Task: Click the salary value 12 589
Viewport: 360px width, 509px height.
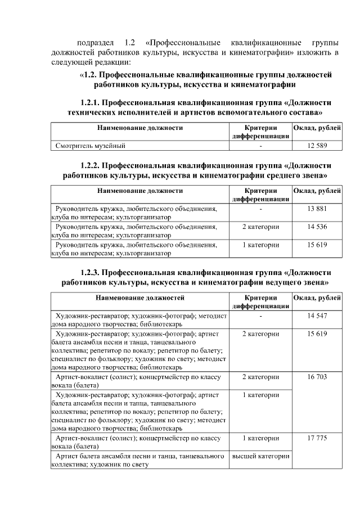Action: pyautogui.click(x=317, y=146)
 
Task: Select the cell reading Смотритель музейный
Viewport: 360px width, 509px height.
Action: pyautogui.click(x=90, y=146)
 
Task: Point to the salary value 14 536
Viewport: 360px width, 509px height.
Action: pyautogui.click(x=317, y=227)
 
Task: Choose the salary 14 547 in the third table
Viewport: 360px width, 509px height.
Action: pyautogui.click(x=317, y=317)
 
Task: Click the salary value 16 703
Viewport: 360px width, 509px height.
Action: pyautogui.click(x=317, y=377)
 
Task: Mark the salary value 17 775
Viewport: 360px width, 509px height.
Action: pyautogui.click(x=317, y=438)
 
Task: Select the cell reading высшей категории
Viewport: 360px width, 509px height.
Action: pyautogui.click(x=260, y=456)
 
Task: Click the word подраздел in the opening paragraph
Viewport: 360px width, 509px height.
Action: pyautogui.click(x=93, y=43)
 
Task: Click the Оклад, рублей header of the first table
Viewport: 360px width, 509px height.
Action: pyautogui.click(x=317, y=128)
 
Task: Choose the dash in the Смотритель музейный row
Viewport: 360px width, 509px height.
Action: pyautogui.click(x=260, y=146)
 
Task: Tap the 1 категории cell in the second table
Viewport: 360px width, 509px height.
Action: pyautogui.click(x=260, y=245)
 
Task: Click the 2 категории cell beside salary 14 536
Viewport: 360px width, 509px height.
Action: pyautogui.click(x=260, y=227)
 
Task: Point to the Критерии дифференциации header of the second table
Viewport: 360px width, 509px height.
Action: pyautogui.click(x=260, y=195)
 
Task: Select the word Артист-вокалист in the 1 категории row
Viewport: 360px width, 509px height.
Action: pyautogui.click(x=82, y=438)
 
